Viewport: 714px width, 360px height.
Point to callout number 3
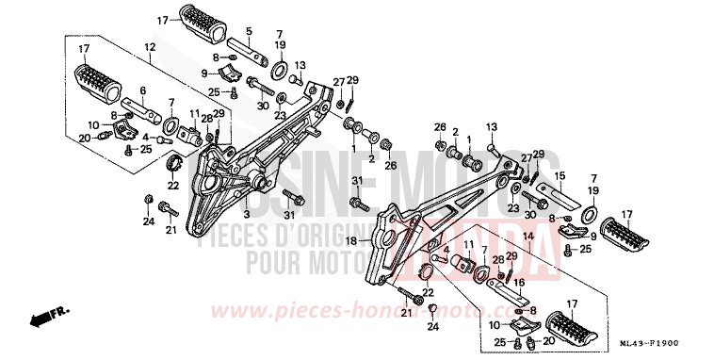coord(246,202)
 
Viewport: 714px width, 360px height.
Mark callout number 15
coord(559,175)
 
